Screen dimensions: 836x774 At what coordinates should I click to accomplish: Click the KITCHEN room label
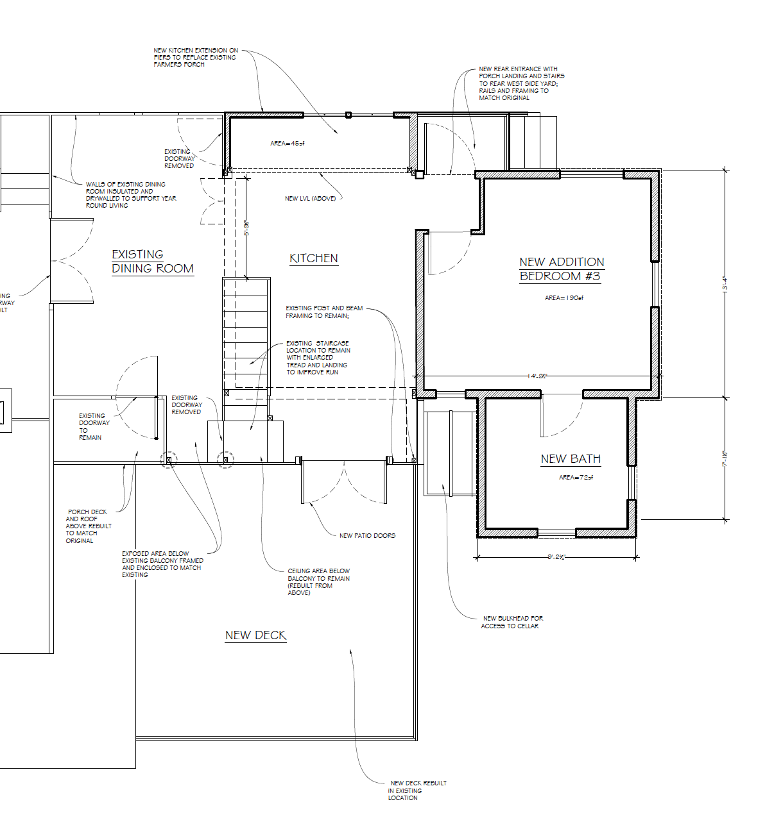(x=313, y=258)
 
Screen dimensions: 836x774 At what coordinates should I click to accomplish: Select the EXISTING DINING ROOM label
(x=152, y=262)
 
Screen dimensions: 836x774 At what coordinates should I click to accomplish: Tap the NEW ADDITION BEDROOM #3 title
(x=562, y=269)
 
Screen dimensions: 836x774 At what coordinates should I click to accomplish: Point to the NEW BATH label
(x=571, y=459)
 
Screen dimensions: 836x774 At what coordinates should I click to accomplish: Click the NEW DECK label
(x=255, y=635)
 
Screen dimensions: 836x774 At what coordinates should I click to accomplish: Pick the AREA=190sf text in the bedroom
(x=564, y=298)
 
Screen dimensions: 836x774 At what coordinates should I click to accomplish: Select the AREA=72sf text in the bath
(x=576, y=478)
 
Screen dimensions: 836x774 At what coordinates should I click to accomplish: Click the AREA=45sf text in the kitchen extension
(x=287, y=144)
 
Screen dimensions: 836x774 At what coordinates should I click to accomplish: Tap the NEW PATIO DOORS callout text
(x=367, y=536)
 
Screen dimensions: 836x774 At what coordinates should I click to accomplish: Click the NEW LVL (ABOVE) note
(x=310, y=199)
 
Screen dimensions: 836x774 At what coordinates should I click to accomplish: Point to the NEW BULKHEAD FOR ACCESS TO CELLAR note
(x=512, y=623)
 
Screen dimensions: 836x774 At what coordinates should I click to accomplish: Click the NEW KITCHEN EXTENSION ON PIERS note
(x=195, y=58)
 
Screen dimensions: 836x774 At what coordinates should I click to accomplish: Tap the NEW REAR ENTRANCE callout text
(x=520, y=83)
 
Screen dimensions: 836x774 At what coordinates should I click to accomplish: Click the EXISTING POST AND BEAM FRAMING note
(x=323, y=312)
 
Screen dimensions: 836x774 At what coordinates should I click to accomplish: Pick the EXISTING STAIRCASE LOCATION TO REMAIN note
(x=318, y=358)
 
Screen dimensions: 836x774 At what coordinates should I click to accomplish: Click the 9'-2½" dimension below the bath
(x=556, y=557)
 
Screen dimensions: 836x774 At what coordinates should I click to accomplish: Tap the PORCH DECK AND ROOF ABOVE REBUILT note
(x=88, y=526)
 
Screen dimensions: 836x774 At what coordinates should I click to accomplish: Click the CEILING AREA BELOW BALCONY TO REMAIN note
(x=318, y=581)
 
